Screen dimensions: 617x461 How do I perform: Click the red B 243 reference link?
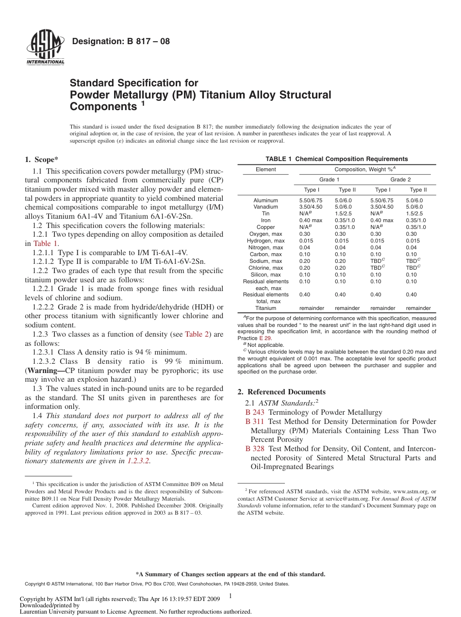(x=255, y=412)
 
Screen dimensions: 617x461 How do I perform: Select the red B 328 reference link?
(x=255, y=449)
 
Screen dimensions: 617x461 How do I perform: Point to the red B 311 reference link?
(x=255, y=422)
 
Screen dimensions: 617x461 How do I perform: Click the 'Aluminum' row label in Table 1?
(x=265, y=200)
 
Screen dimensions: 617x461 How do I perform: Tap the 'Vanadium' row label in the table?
(x=265, y=207)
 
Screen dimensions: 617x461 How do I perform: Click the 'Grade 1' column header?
(x=329, y=179)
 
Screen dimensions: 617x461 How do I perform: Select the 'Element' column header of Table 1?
(x=265, y=169)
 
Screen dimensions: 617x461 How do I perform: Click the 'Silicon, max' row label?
(x=265, y=275)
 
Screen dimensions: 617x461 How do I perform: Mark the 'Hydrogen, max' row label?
(x=265, y=241)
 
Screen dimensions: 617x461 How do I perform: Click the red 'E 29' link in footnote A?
(x=265, y=338)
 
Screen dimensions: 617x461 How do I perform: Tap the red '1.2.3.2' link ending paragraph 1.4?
(x=138, y=461)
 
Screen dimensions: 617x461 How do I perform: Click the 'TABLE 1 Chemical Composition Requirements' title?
(x=336, y=159)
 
